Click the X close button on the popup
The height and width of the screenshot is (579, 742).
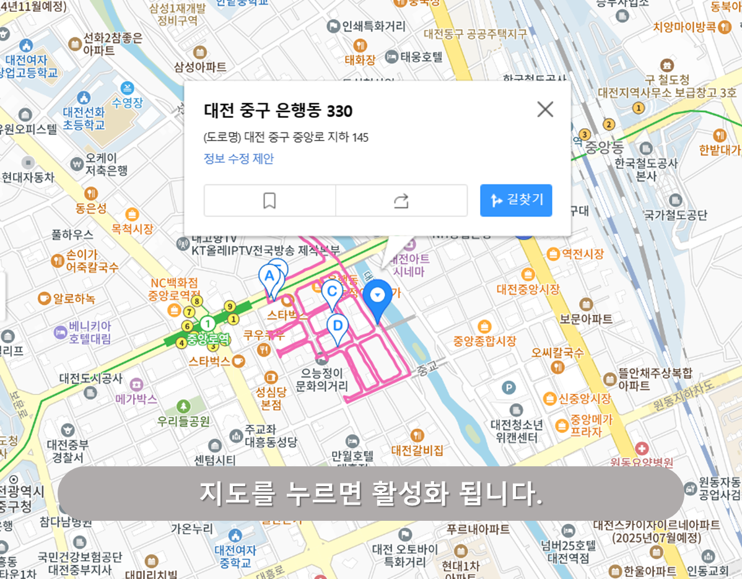(545, 110)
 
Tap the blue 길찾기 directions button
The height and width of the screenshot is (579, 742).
(516, 200)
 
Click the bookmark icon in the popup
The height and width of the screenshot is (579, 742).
(269, 201)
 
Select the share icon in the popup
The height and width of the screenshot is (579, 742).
(401, 201)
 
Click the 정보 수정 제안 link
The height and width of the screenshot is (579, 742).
(238, 159)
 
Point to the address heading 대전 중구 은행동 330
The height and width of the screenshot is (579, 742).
(278, 111)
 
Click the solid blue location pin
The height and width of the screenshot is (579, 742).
(377, 297)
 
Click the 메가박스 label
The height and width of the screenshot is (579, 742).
(136, 399)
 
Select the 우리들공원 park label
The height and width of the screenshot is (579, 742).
(184, 421)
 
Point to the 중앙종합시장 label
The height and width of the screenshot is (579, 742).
(484, 341)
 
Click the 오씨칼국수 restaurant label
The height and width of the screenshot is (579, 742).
(557, 353)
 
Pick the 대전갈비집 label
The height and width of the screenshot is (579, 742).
(417, 450)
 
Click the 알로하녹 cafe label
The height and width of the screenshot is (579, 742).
(74, 298)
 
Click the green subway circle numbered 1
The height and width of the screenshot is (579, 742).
(208, 323)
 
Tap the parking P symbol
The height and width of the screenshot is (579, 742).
(508, 388)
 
